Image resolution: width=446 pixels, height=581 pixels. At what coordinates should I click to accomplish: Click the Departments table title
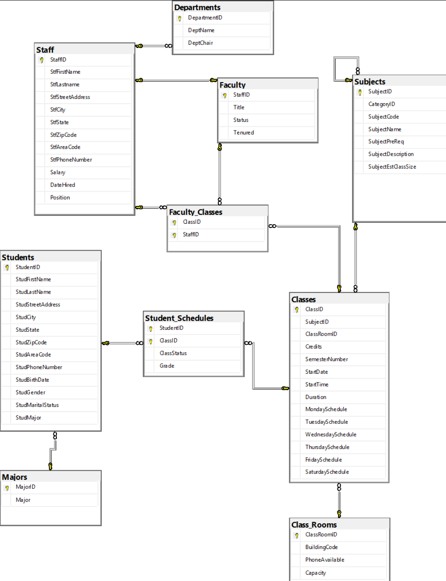point(198,7)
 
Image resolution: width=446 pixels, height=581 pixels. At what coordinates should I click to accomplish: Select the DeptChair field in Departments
point(200,43)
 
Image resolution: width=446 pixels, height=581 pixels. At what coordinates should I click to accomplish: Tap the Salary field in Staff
point(58,172)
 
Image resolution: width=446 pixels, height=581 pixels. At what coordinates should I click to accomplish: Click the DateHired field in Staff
point(62,185)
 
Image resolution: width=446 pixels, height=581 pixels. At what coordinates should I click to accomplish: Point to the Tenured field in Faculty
point(243,132)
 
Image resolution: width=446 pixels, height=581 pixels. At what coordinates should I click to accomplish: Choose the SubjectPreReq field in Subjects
point(386,142)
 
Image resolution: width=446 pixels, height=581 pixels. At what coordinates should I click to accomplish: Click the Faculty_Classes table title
point(195,212)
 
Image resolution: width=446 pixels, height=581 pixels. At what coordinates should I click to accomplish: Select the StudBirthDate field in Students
point(32,380)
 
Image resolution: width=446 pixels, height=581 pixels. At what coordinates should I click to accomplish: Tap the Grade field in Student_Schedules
point(167,366)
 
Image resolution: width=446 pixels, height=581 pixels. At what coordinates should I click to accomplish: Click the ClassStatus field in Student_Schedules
point(173,353)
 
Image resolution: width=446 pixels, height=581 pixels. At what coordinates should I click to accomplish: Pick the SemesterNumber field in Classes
point(326,359)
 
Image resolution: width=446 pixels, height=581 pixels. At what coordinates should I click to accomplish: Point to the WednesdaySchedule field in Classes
point(331,434)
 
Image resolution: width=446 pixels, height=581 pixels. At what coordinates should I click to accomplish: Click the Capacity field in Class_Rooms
point(315,573)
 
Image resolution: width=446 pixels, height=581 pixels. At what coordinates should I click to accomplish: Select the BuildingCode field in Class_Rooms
point(321,547)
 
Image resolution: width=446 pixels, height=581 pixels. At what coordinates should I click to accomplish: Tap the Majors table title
point(15,477)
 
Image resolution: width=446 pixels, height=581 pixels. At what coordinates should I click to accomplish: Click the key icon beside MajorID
point(7,487)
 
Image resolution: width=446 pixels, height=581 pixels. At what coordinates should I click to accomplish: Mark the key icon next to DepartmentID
point(179,18)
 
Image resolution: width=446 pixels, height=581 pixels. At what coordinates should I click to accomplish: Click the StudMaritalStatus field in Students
point(37,405)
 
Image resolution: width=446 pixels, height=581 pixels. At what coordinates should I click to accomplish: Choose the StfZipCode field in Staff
point(63,135)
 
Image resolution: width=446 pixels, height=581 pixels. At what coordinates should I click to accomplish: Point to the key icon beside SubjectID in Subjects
point(360,92)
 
